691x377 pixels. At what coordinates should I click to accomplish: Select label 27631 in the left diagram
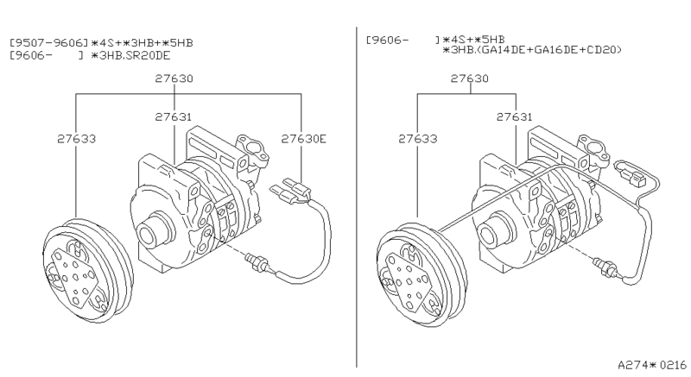click(174, 116)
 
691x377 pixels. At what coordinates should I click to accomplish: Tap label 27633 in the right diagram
click(418, 137)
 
